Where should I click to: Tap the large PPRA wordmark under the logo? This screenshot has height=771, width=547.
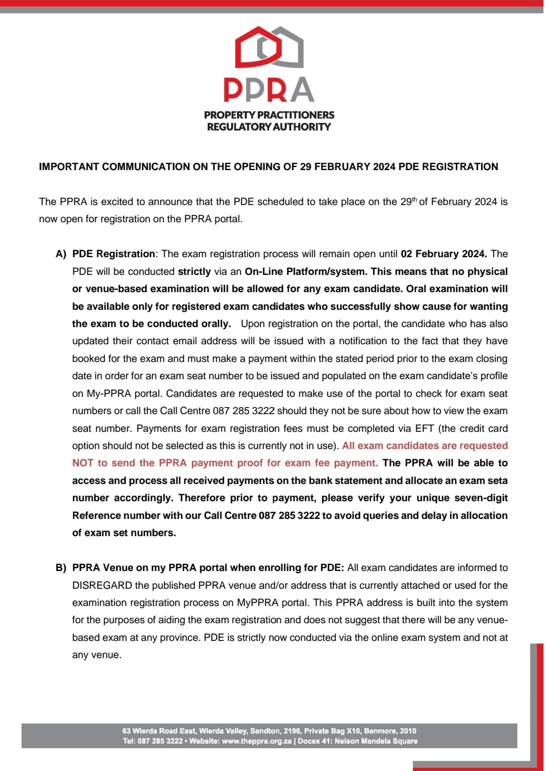269,90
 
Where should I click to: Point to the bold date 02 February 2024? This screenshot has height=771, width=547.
443,254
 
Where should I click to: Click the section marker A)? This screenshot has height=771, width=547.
61,254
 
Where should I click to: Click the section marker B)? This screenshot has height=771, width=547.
61,567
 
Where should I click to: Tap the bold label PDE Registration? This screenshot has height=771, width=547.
113,254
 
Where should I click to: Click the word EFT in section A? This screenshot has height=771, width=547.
424,428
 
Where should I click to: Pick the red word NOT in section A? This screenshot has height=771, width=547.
83,463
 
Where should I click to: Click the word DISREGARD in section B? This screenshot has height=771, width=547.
102,585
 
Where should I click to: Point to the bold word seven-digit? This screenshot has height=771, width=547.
481,498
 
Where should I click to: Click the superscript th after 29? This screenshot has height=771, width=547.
414,199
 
